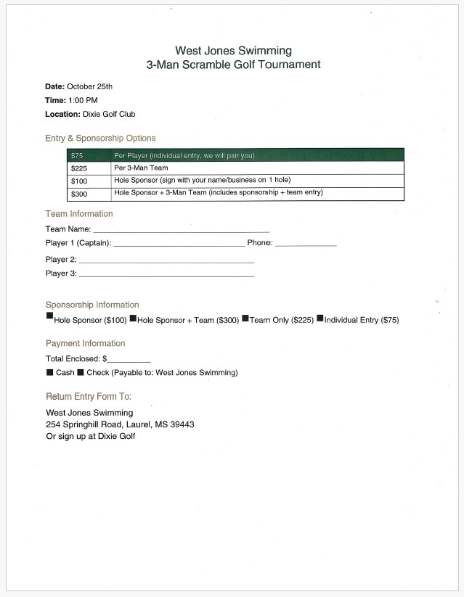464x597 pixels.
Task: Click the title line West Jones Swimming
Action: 233,51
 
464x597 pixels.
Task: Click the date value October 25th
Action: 89,86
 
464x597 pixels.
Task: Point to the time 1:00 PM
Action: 83,100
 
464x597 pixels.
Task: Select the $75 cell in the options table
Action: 77,155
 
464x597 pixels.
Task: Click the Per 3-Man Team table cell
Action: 141,168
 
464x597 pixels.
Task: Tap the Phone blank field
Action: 306,244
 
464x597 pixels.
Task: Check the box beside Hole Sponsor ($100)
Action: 49,316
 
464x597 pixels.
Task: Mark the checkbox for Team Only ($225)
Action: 245,317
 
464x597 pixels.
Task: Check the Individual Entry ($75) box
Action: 319,317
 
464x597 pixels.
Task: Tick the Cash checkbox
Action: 49,372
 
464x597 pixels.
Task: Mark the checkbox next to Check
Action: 81,372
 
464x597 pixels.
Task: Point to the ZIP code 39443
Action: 182,424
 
